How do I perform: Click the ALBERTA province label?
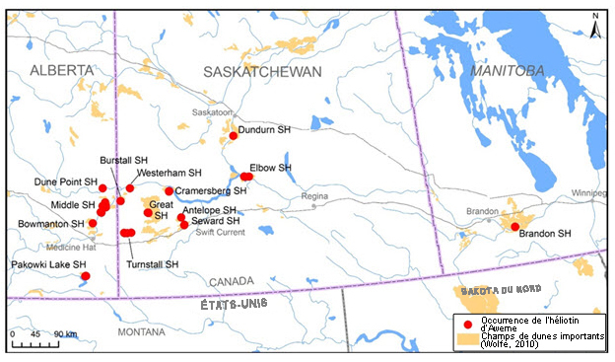pyautogui.click(x=61, y=70)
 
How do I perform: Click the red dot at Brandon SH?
pyautogui.click(x=514, y=227)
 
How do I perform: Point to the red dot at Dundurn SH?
pyautogui.click(x=234, y=136)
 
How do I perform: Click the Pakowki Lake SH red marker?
pyautogui.click(x=86, y=275)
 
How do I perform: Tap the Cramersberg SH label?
pyautogui.click(x=210, y=190)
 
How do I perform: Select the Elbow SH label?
pyautogui.click(x=271, y=168)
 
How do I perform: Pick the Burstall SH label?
pyautogui.click(x=123, y=160)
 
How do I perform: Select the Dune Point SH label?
pyautogui.click(x=66, y=182)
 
